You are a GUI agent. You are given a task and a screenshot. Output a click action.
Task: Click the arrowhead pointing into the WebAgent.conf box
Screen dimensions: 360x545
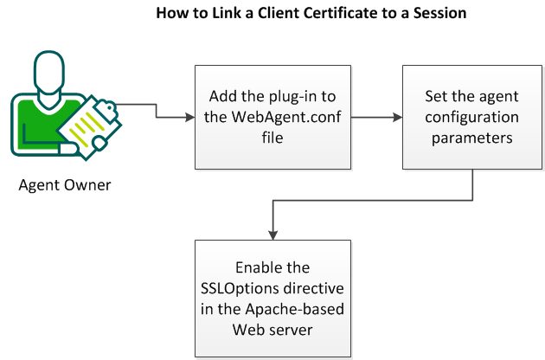pos(190,118)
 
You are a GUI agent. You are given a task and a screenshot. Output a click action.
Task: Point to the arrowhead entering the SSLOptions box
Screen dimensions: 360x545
pos(272,233)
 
